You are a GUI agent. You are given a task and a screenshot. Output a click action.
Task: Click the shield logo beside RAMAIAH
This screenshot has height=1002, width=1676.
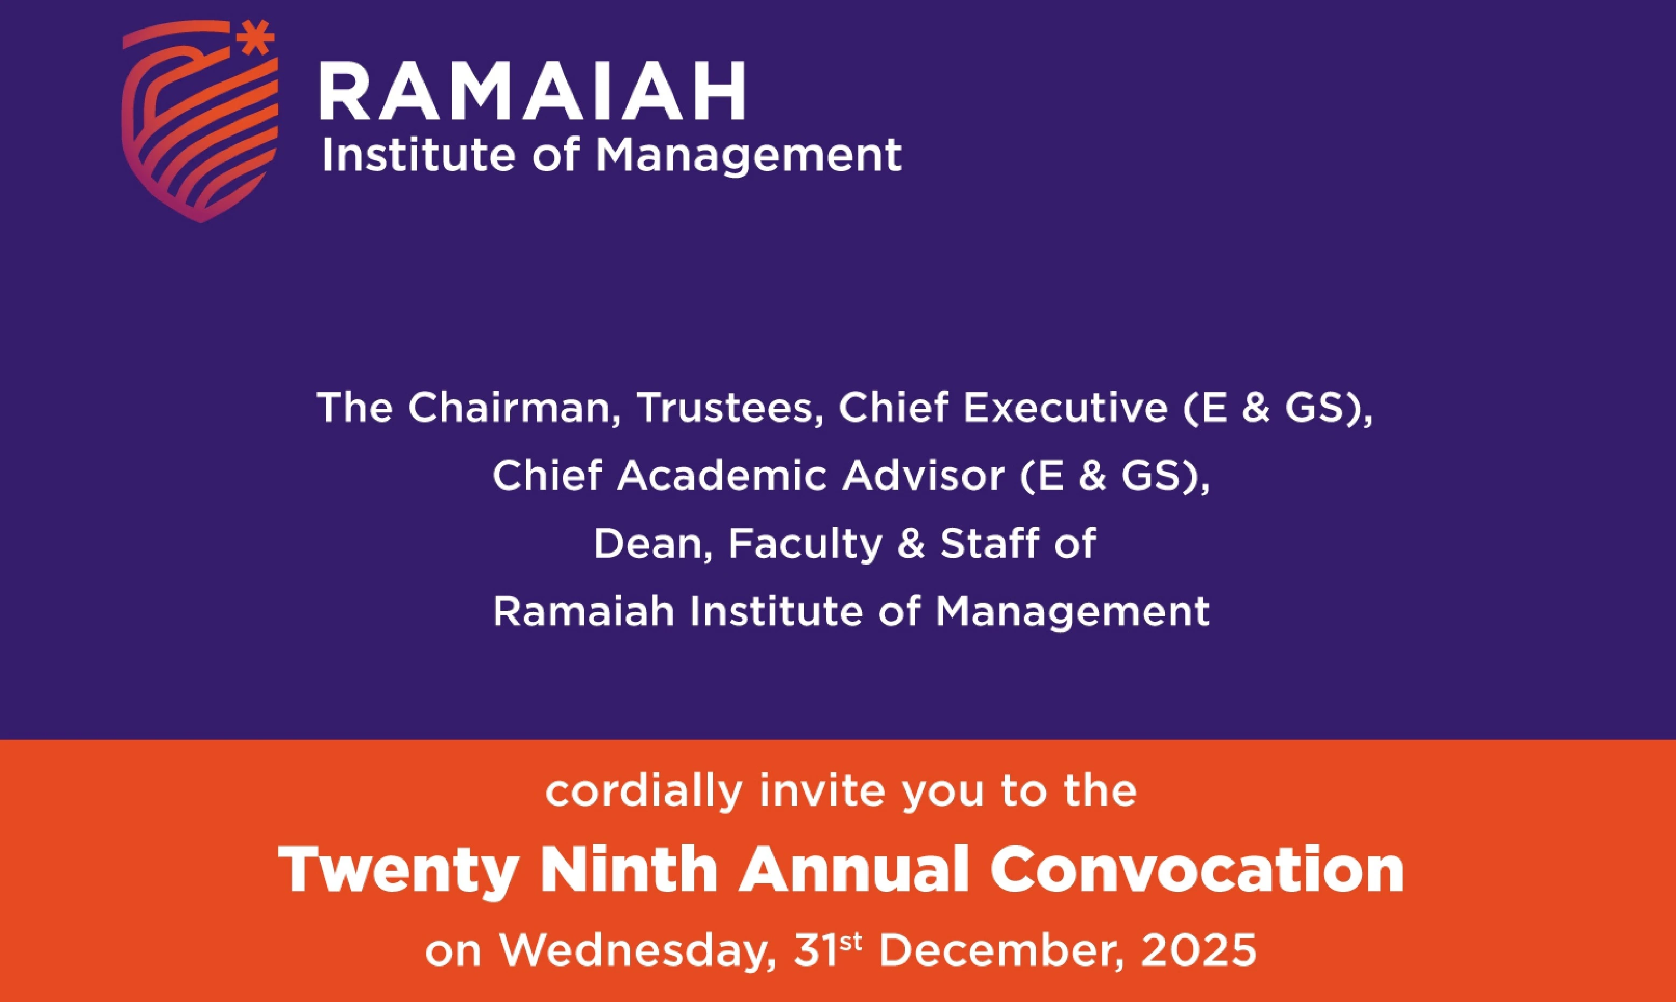click(x=200, y=125)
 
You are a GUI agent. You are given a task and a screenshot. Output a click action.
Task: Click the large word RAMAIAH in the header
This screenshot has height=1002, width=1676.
click(x=533, y=91)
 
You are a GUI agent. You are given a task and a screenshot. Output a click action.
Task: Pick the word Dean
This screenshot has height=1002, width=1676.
click(x=653, y=544)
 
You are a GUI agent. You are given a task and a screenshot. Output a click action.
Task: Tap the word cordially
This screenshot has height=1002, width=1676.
click(x=644, y=792)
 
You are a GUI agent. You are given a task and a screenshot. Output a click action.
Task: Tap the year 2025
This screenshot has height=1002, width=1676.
click(x=1199, y=951)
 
